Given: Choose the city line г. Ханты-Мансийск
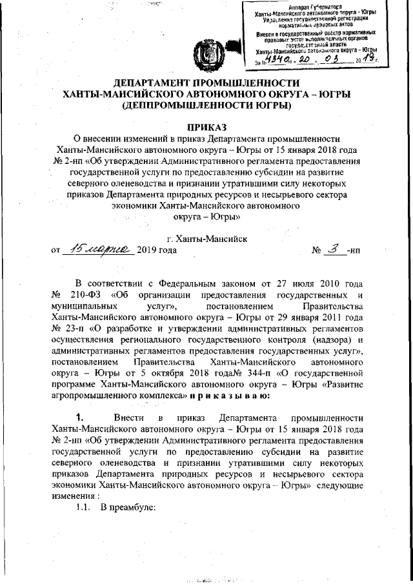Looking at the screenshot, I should click(x=206, y=238).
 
